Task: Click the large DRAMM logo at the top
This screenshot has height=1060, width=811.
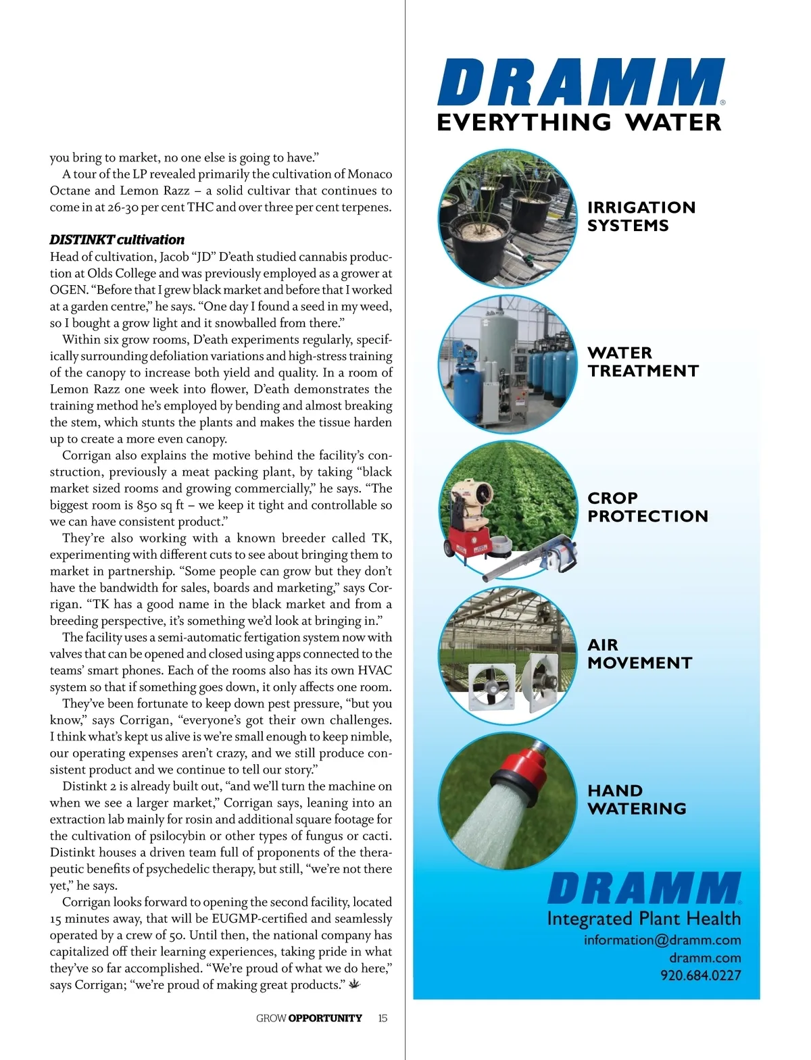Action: (581, 82)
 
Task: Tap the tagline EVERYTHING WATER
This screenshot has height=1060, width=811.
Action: (579, 123)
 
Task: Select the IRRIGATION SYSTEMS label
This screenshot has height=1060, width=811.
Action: (641, 216)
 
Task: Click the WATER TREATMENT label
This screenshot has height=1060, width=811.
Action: (643, 361)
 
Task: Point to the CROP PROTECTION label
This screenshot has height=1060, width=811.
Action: (647, 507)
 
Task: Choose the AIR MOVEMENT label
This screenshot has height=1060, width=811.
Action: (639, 653)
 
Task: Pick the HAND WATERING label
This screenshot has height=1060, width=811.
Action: (637, 799)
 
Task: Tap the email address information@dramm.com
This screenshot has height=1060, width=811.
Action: (662, 940)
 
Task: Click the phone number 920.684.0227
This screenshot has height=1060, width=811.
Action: (700, 975)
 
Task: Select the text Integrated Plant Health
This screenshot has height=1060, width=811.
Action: (643, 919)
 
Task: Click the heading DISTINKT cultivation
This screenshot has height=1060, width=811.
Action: (117, 240)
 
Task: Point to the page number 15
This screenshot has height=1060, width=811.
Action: (383, 1018)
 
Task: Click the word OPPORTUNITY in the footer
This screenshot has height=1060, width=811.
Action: (325, 1018)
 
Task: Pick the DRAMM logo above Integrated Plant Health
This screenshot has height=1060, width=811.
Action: (644, 888)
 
